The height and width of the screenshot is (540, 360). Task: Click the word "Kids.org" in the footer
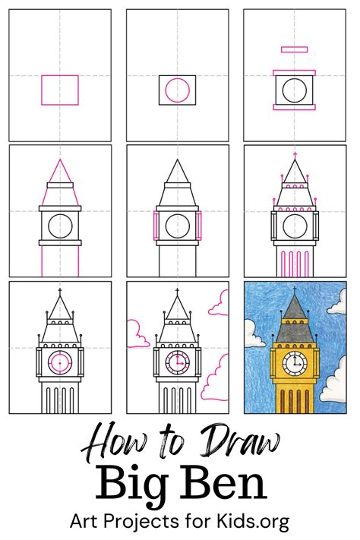[x=254, y=523]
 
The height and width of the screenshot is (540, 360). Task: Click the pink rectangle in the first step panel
[x=60, y=90]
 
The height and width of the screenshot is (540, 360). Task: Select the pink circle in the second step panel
[x=177, y=90]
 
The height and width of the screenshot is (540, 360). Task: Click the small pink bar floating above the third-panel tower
[x=294, y=49]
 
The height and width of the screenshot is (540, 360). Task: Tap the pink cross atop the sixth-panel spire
[x=294, y=154]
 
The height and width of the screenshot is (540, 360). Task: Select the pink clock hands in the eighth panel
[x=179, y=362]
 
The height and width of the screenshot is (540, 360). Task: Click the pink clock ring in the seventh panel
[x=60, y=362]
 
